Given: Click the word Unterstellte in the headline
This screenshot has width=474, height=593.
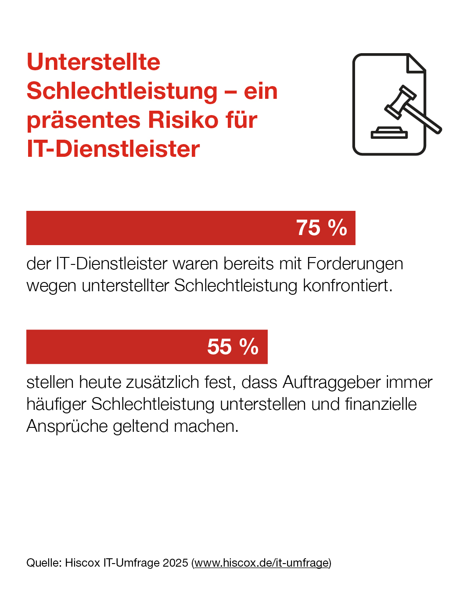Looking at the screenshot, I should [x=93, y=62].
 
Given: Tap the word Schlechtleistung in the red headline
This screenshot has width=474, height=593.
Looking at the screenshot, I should [x=122, y=91].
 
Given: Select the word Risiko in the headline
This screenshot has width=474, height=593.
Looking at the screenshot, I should [x=183, y=120].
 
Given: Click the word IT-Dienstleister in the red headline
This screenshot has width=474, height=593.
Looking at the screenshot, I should [x=113, y=149].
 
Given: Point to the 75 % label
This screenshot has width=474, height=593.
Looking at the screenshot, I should [x=321, y=228].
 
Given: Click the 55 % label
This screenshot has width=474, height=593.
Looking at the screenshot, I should [x=233, y=347].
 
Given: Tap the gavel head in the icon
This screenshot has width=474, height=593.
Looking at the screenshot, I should [x=400, y=102].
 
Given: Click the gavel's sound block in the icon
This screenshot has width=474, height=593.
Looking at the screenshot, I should [x=389, y=133].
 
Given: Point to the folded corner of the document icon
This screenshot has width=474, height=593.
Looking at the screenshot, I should [x=416, y=64].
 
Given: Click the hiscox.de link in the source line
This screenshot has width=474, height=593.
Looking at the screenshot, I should [x=262, y=563].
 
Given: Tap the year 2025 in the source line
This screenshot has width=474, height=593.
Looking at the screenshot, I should [x=175, y=563].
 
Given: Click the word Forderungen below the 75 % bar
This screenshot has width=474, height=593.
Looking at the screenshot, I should [x=355, y=264].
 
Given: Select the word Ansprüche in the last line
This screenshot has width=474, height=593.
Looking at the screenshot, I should [x=67, y=426].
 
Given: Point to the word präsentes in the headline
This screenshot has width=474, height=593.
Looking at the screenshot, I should [x=84, y=120].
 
